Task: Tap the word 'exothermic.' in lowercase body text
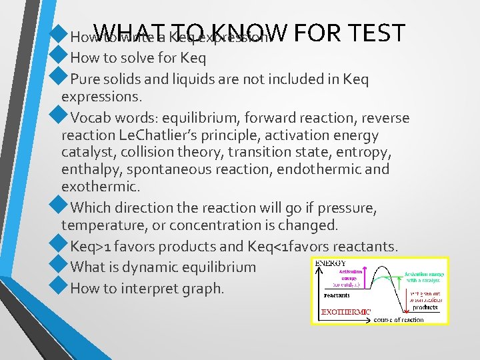pos(93,187)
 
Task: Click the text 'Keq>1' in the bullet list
pos(91,246)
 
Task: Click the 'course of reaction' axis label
pos(399,319)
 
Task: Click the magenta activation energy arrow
pos(365,279)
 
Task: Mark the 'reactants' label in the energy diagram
pos(337,294)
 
